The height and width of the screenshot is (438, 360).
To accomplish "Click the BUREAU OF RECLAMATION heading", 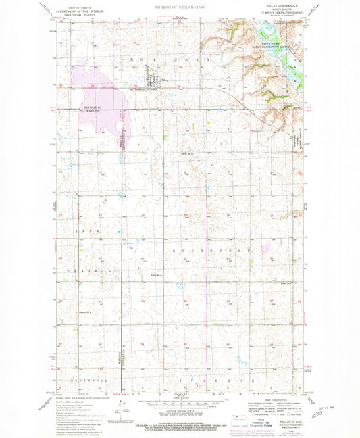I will coord(180,5).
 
